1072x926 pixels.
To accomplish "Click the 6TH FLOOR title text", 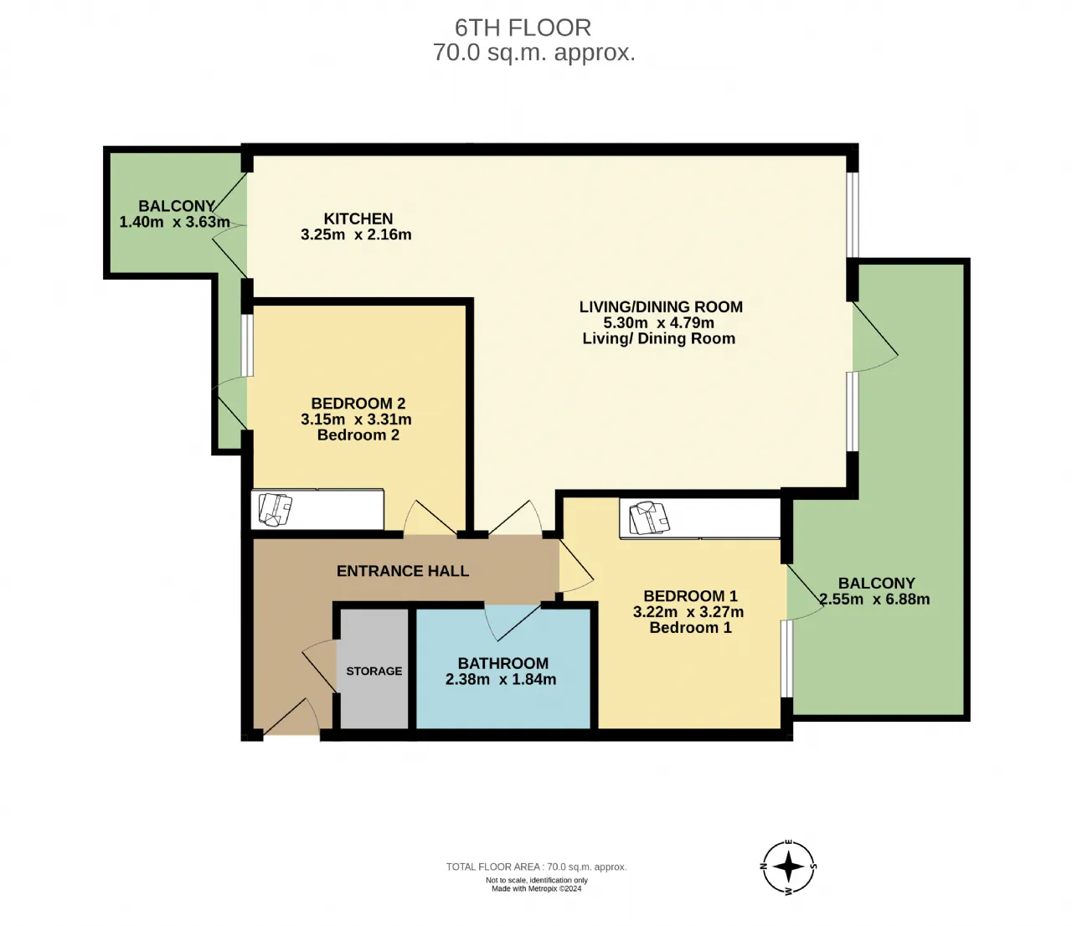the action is click(x=523, y=28).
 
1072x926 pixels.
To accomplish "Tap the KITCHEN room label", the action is click(x=358, y=219).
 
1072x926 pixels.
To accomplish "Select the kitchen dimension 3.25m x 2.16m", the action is click(x=356, y=234).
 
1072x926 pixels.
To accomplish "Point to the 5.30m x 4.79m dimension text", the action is click(x=658, y=322).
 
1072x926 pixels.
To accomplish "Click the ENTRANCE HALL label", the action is click(x=403, y=571).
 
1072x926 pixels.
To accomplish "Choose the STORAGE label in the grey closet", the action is click(x=374, y=671).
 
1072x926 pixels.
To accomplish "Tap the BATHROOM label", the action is click(x=502, y=663).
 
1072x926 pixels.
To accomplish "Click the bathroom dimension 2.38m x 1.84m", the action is click(x=501, y=679).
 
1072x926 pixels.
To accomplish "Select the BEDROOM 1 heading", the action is click(x=690, y=596).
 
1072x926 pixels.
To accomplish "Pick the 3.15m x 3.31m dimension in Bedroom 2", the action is click(x=356, y=419).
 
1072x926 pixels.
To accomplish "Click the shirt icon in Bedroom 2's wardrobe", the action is click(x=275, y=509).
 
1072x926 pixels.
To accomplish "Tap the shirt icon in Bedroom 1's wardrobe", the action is click(x=649, y=517).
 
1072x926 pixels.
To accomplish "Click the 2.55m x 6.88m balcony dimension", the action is click(x=874, y=599).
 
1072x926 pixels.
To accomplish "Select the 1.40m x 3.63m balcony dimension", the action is click(x=174, y=222).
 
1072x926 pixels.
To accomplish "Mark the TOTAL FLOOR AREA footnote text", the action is click(x=536, y=867).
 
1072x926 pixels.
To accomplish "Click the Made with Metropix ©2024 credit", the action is click(x=536, y=888).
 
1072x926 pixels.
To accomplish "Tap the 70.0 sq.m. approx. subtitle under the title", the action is click(x=534, y=53).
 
